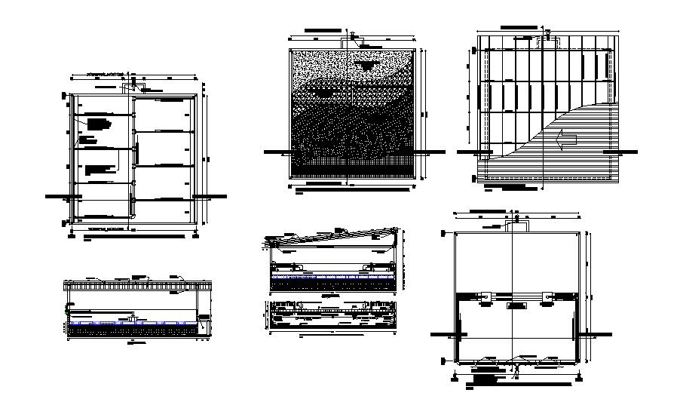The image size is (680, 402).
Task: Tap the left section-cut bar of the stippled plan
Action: coord(273,152)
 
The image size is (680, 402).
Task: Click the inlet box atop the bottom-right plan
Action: coord(519,222)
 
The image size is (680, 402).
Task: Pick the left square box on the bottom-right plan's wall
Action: coord(486,296)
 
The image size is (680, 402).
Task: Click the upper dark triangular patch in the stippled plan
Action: coord(367,66)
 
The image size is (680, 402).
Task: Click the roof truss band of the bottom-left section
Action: coord(139,286)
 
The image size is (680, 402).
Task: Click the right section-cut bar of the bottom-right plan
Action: coord(597,333)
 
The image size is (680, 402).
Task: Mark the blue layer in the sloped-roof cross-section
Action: coord(332,277)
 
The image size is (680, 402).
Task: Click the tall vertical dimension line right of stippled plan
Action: coord(424,113)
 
